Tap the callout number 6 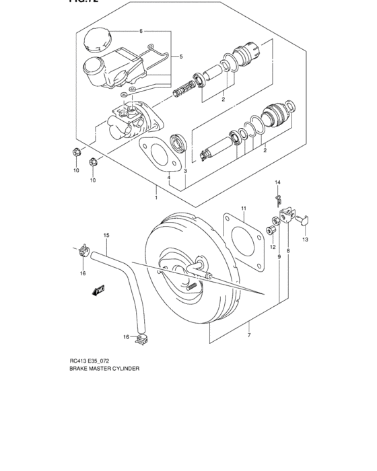point(141,32)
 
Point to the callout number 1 point(156,198)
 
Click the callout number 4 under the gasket point(160,178)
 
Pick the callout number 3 point(185,172)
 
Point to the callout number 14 point(277,182)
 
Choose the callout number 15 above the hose point(106,235)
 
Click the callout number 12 point(273,246)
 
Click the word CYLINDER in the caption point(124,388)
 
